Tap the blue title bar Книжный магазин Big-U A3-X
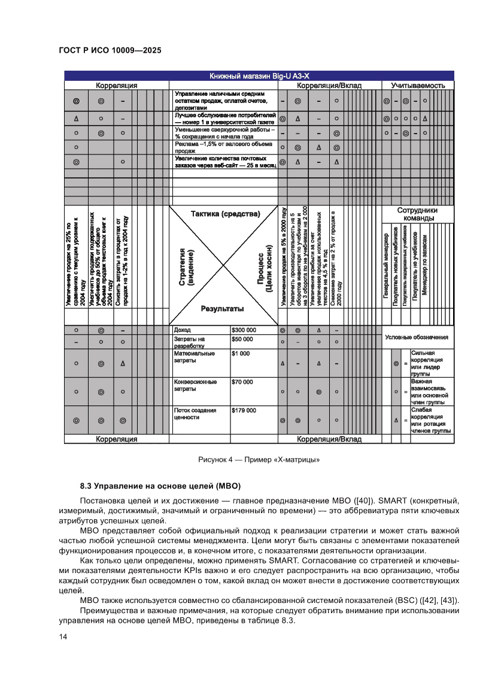[259, 76]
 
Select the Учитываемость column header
[417, 86]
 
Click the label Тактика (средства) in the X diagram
[225, 214]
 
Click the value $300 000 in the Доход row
[244, 330]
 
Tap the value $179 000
[244, 410]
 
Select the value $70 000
[242, 382]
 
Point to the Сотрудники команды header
[417, 214]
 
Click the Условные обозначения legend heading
[417, 337]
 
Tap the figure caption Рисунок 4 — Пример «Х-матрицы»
[259, 460]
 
